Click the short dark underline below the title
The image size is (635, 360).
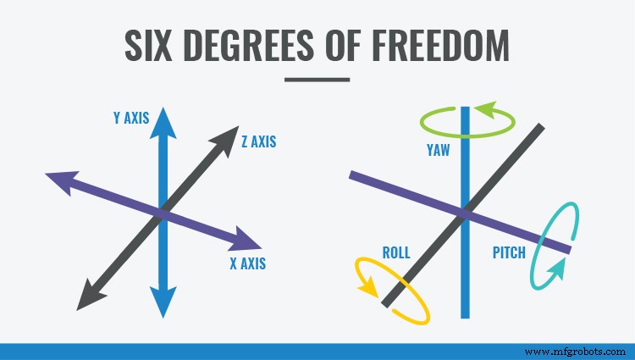tap(317, 80)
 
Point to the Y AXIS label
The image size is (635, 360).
tap(131, 119)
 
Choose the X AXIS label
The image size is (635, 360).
tap(247, 263)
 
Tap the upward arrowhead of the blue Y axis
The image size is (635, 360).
tap(165, 120)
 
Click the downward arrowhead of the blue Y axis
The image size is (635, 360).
tap(163, 302)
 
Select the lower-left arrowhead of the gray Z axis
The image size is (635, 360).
tap(88, 296)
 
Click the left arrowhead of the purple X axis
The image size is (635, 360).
tap(61, 180)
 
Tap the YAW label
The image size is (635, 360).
tap(438, 151)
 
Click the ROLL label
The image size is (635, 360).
tap(396, 252)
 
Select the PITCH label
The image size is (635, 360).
tap(509, 252)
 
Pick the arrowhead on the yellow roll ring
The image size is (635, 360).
tap(368, 287)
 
